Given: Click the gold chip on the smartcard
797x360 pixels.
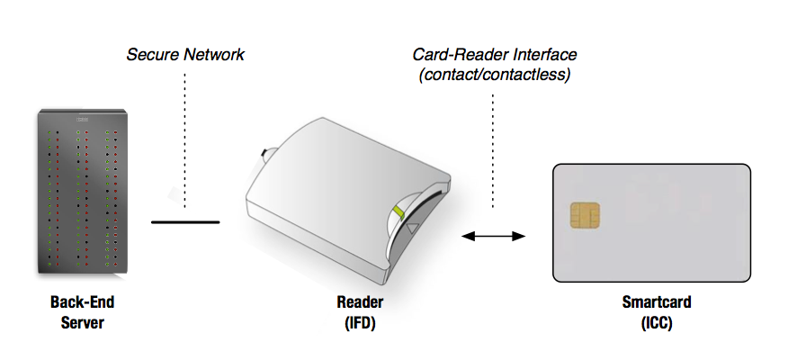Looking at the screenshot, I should pos(585,216).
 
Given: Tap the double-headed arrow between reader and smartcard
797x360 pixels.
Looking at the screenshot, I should pos(493,236).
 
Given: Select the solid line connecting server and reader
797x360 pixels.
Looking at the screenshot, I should pos(185,221).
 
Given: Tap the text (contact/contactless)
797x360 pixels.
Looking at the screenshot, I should pos(494,75).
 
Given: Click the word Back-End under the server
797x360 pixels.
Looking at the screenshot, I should pos(82,303).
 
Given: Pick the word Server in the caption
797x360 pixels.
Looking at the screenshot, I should pos(82,321).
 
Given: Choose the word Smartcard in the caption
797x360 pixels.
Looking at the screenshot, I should pos(651,303).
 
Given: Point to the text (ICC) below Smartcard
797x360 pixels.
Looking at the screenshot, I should pos(651,321).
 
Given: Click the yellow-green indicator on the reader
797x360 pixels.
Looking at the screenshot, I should pos(398,212).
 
